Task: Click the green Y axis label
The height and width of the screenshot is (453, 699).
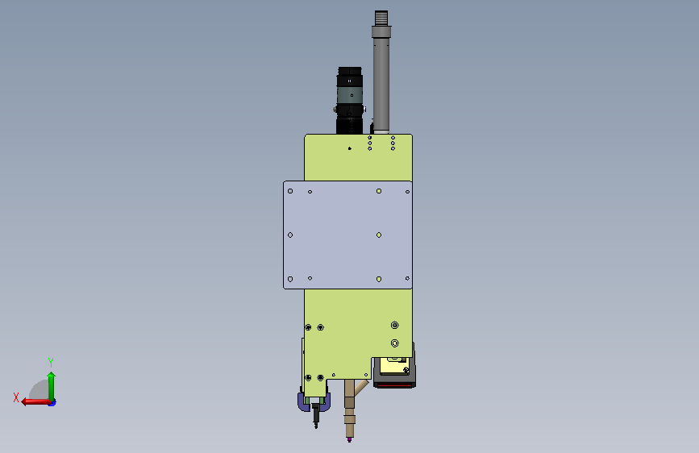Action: pos(51,362)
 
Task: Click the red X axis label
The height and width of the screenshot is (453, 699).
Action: pos(16,397)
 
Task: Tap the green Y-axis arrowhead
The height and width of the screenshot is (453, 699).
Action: pos(52,376)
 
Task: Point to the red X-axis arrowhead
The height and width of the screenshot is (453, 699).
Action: pos(25,402)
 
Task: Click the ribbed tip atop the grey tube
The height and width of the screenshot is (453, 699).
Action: pos(381,19)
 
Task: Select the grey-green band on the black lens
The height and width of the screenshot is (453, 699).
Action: pos(350,95)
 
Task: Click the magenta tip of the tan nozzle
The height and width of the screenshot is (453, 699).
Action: pos(350,440)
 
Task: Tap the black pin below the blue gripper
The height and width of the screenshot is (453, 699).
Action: pos(316,416)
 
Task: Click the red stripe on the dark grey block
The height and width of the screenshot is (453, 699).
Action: pos(394,384)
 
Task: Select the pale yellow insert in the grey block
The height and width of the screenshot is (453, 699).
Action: pos(393,367)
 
